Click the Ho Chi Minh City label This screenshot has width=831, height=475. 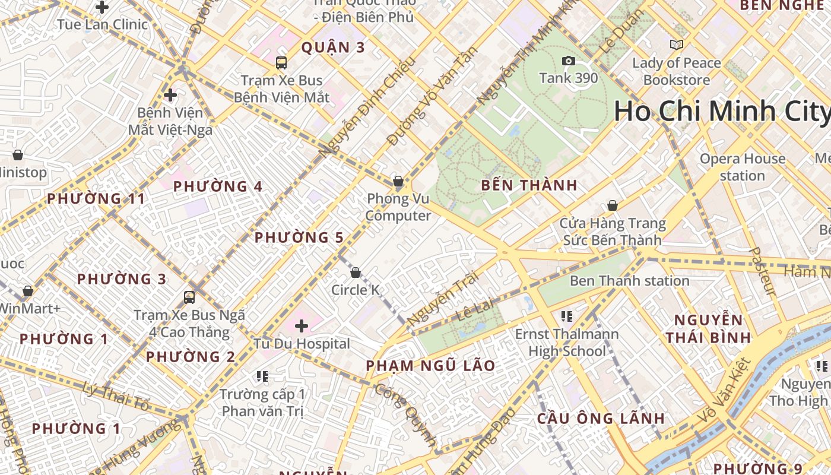pos(721,112)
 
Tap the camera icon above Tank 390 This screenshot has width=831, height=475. pos(568,61)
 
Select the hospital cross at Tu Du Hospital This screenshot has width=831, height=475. pos(302,325)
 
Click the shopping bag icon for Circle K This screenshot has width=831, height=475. pos(355,273)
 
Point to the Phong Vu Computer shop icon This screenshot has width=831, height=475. pos(398,181)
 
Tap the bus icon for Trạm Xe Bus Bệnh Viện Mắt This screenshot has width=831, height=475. pos(281,62)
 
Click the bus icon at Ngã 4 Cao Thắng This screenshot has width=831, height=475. pos(189,297)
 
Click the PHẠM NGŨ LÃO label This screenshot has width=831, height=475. pos(430,366)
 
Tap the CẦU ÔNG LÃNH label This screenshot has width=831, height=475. pos(600,418)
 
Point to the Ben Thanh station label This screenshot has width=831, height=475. pos(629,281)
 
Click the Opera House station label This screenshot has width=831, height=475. pos(742,167)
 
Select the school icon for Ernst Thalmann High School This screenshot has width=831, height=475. pos(566,316)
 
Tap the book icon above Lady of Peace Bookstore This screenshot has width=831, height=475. pos(676,45)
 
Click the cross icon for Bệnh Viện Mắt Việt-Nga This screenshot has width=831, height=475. pos(170,94)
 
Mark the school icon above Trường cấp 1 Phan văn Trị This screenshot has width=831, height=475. pos(262,376)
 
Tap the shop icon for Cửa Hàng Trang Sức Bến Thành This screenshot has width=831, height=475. pos(612,205)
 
